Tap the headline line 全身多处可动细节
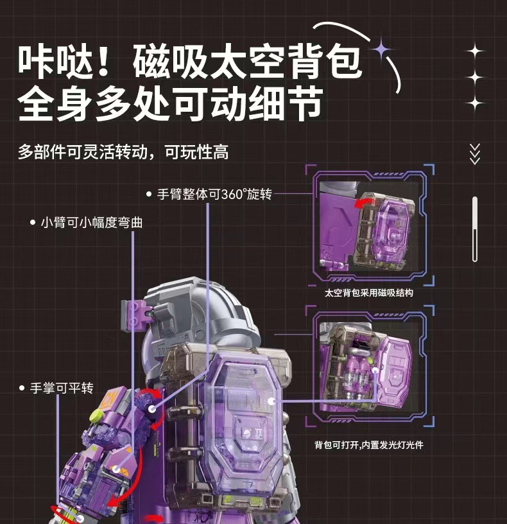(x=169, y=104)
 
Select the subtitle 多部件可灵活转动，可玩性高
(x=123, y=153)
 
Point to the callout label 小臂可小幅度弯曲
(x=91, y=223)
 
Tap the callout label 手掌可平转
(x=62, y=389)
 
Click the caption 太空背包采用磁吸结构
(x=369, y=293)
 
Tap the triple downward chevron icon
(x=475, y=154)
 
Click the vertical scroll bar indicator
(x=475, y=229)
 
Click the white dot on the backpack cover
(x=272, y=399)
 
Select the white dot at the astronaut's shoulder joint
(x=152, y=408)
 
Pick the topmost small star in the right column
(x=475, y=51)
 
